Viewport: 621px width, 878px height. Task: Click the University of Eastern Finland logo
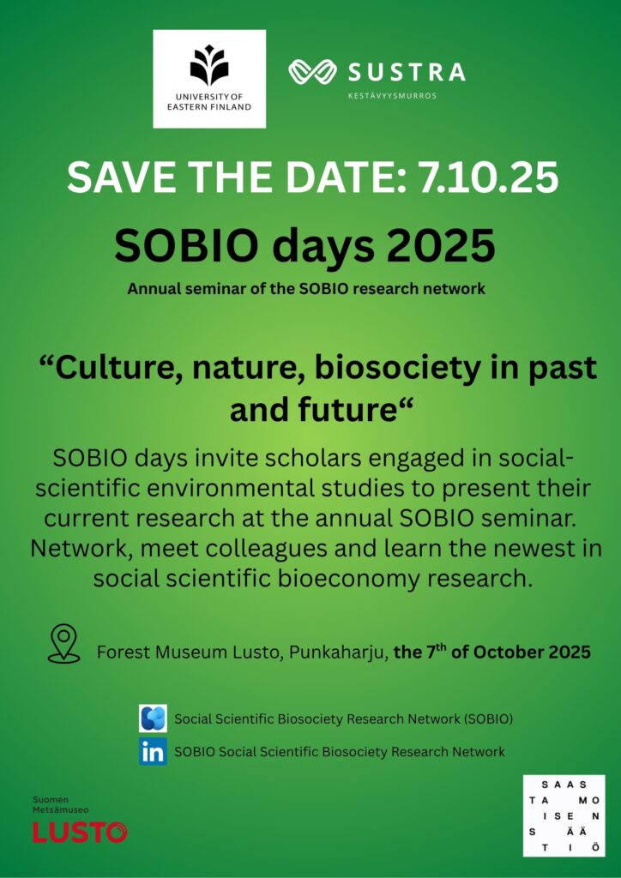(x=209, y=79)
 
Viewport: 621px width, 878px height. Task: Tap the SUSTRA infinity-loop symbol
(x=312, y=72)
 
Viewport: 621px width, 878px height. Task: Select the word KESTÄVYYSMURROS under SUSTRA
(x=392, y=96)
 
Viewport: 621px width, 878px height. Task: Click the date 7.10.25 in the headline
(x=486, y=177)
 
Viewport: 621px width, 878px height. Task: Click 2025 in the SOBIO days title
(x=445, y=246)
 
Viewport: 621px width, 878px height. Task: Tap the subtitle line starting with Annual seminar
(x=306, y=290)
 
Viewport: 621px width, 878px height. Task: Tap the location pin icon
(x=63, y=644)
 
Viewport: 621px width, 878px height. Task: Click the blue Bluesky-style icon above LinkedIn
(x=153, y=719)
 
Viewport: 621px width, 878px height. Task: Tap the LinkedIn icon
(x=153, y=752)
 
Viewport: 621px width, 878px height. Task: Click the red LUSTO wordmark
(x=80, y=832)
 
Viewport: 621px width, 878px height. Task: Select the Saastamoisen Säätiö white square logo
(x=564, y=815)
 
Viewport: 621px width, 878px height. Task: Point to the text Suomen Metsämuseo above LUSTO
(x=61, y=804)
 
